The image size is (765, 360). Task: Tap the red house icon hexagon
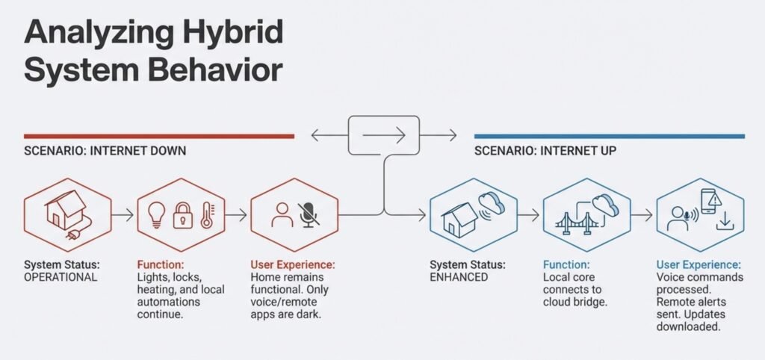(67, 214)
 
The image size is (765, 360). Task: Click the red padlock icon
(183, 216)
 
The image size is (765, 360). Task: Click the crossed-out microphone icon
(307, 214)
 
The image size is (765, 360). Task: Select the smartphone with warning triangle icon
(710, 201)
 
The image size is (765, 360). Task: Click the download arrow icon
(723, 223)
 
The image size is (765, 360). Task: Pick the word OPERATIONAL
(61, 277)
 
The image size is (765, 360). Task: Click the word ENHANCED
(459, 277)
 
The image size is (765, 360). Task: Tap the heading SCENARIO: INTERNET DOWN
(105, 151)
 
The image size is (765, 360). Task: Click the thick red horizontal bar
(158, 137)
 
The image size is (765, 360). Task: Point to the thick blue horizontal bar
(609, 137)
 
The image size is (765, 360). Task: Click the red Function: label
(161, 264)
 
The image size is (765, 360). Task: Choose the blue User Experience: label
(699, 264)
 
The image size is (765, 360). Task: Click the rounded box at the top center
(384, 135)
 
